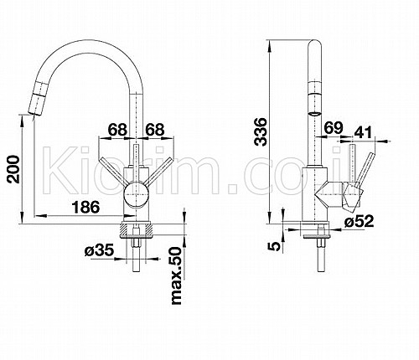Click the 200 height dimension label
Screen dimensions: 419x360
[x=13, y=169]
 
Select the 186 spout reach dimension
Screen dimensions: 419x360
[x=85, y=207]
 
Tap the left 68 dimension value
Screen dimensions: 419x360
[x=117, y=130]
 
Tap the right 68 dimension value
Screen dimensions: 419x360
[x=155, y=130]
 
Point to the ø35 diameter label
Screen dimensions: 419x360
[x=99, y=250]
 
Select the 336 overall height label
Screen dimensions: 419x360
[x=261, y=131]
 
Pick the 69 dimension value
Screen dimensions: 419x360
[x=334, y=128]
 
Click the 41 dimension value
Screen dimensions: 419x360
[x=364, y=132]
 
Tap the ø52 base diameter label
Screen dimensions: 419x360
[x=359, y=221]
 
